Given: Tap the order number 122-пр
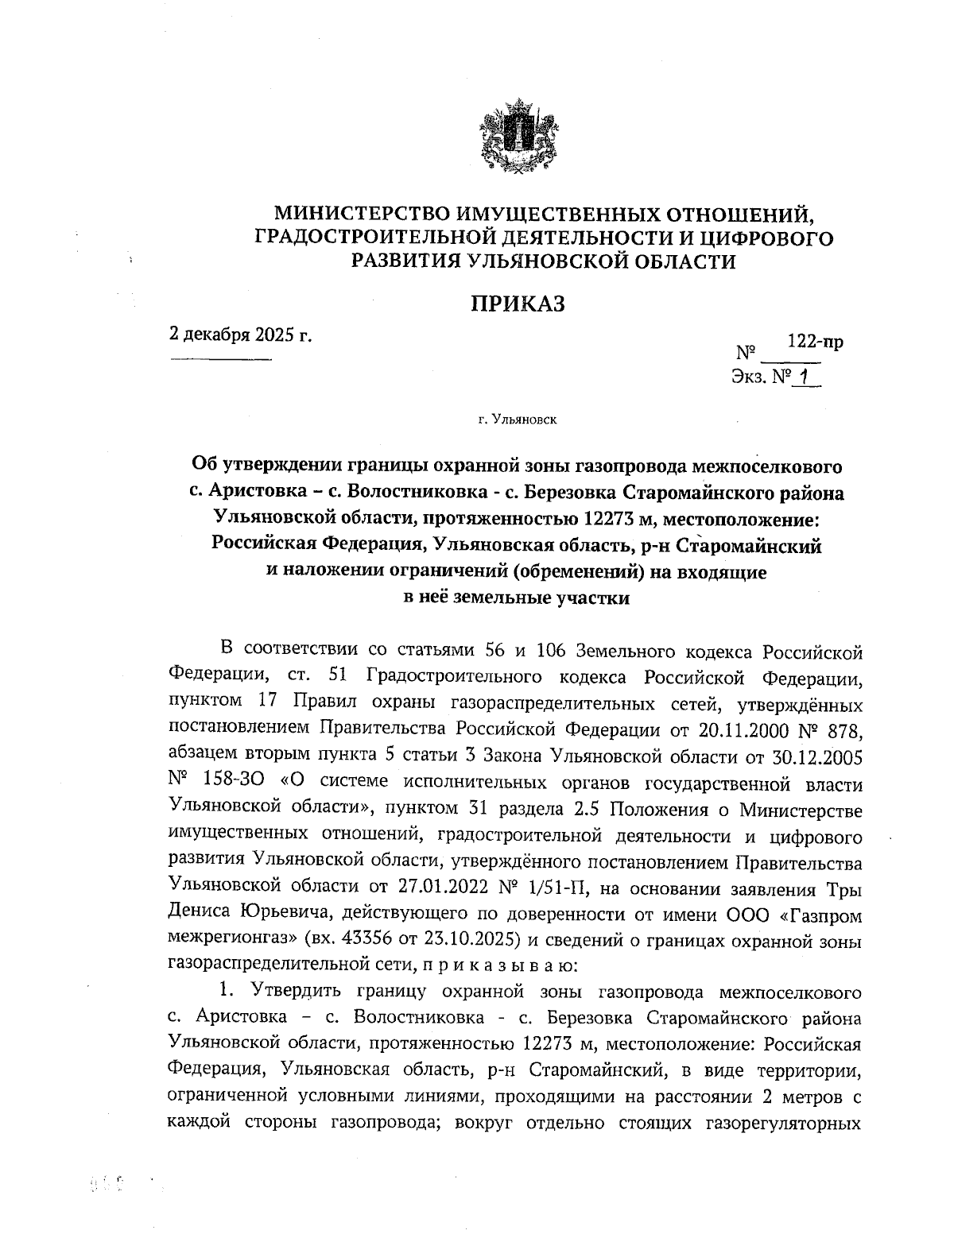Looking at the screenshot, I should (x=815, y=342).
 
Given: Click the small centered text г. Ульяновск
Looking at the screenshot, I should (x=518, y=418).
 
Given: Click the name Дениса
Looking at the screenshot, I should (x=202, y=911).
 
